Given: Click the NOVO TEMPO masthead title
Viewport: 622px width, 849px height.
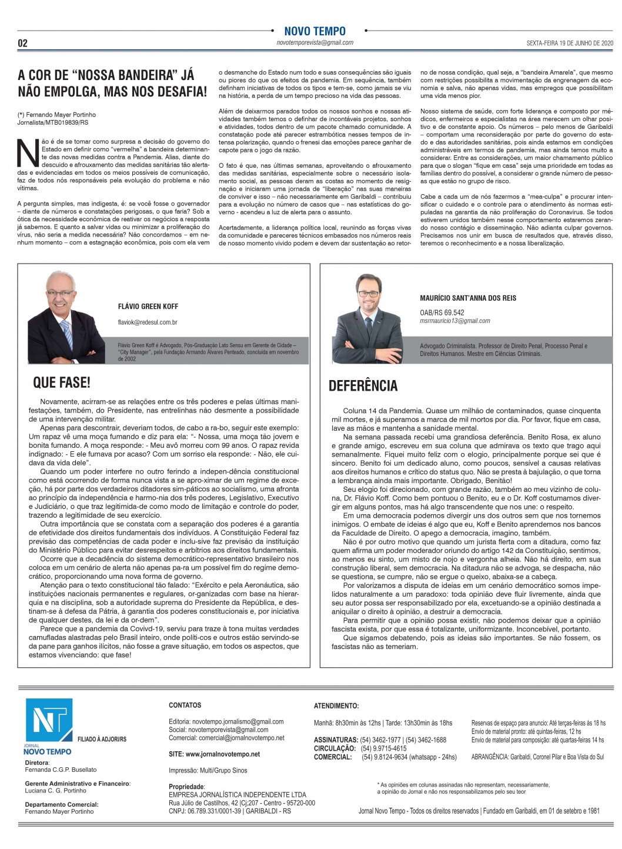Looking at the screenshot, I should pos(315,31).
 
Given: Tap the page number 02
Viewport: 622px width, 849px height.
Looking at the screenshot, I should pos(23,43).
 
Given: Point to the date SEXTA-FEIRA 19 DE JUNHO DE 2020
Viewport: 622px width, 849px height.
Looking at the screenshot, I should pos(569,43).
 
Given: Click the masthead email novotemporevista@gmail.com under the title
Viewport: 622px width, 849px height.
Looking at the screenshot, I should pos(315,42).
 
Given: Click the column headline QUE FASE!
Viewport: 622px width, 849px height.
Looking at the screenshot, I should pos(62,383).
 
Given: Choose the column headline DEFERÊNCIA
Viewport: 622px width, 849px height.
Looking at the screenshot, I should pos(363,385).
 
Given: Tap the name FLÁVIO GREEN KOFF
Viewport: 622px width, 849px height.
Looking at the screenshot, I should pos(148,307).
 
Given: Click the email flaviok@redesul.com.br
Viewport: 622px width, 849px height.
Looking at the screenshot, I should pos(148,322).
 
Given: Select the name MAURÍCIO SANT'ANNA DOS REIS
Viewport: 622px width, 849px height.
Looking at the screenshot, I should pos(468,298).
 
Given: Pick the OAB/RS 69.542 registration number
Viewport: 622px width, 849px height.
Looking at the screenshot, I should pos(442,312).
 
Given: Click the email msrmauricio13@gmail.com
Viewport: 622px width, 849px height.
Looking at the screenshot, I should pos(454,321).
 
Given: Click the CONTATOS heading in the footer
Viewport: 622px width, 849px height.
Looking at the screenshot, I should pos(185,705).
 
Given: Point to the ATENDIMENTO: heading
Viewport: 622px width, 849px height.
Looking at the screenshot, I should pos(336,705).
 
